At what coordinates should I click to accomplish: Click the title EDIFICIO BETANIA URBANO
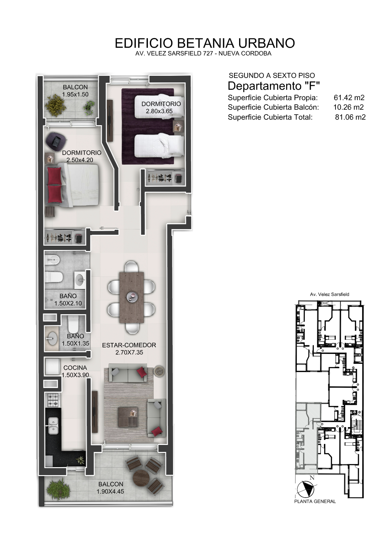tap(205, 43)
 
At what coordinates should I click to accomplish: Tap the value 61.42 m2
tap(349, 98)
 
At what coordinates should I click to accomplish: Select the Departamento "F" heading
tap(274, 86)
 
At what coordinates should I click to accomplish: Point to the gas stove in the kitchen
tap(53, 400)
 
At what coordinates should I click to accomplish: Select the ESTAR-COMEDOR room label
tap(129, 345)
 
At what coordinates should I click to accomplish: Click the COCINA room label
tap(75, 367)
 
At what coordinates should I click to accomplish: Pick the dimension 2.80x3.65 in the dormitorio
tap(159, 111)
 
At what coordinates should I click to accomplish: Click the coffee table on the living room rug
tap(128, 417)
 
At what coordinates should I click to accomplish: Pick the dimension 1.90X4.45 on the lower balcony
tap(110, 491)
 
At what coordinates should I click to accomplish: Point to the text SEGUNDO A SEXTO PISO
tap(272, 75)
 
